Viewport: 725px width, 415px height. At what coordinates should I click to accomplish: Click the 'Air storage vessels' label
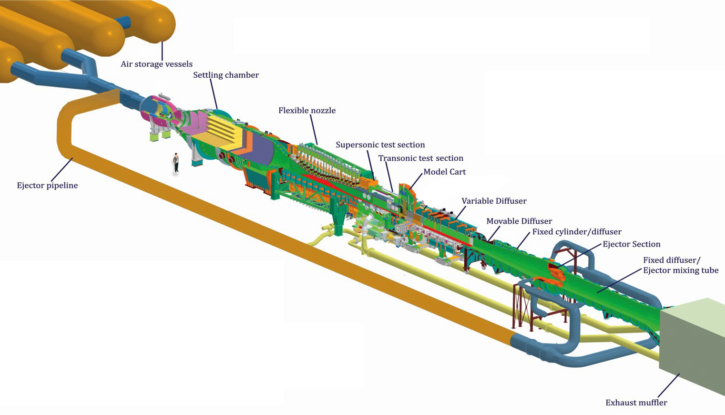pos(156,64)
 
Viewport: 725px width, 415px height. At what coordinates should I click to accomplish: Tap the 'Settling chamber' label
pos(226,75)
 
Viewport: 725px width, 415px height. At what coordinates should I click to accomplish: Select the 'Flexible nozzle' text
pos(307,110)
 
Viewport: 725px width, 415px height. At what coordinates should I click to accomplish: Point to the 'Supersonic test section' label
pos(380,145)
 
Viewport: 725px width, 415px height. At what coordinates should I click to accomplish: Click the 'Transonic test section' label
pos(420,158)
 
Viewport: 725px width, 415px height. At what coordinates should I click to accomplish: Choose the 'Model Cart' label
pos(445,172)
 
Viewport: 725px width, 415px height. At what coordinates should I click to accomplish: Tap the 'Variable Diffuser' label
pos(494,201)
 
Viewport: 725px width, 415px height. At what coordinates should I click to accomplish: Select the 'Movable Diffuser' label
pos(519,221)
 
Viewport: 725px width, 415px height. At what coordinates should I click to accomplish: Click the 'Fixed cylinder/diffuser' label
pos(577,232)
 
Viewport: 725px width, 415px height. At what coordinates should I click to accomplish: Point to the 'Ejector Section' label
pos(632,244)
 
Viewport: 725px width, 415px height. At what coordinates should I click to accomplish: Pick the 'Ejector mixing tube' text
pos(681,270)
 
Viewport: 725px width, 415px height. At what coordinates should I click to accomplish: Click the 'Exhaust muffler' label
pos(636,403)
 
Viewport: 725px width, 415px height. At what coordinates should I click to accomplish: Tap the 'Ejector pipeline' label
pos(47,186)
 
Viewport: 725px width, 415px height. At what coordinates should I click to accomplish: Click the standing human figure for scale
pos(176,163)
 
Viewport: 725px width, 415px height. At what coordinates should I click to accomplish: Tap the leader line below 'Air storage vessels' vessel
pos(162,50)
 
